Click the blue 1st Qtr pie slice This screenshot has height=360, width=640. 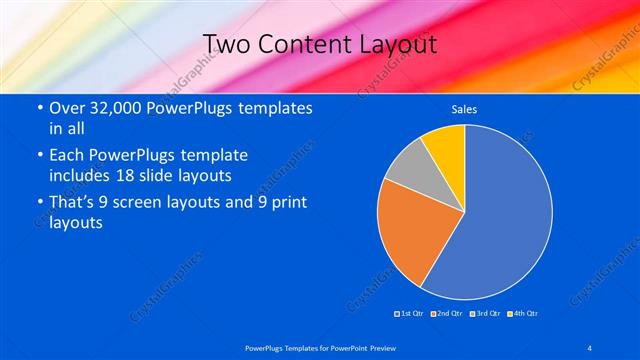tap(505, 220)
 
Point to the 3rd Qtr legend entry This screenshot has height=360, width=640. tap(484, 314)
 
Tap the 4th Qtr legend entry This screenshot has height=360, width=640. tap(523, 314)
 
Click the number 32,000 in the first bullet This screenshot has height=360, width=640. tap(112, 108)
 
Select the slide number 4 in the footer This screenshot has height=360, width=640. tap(590, 347)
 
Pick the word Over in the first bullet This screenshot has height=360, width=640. tap(67, 108)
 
